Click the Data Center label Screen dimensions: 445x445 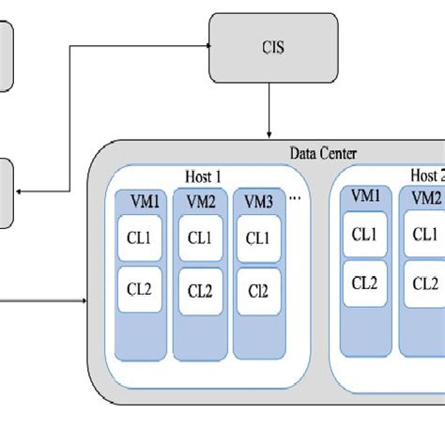[317, 154]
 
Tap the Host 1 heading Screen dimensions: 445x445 [203, 175]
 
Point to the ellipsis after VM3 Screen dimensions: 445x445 [297, 199]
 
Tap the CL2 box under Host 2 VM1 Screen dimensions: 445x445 [366, 282]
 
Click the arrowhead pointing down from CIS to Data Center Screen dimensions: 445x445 [271, 134]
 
